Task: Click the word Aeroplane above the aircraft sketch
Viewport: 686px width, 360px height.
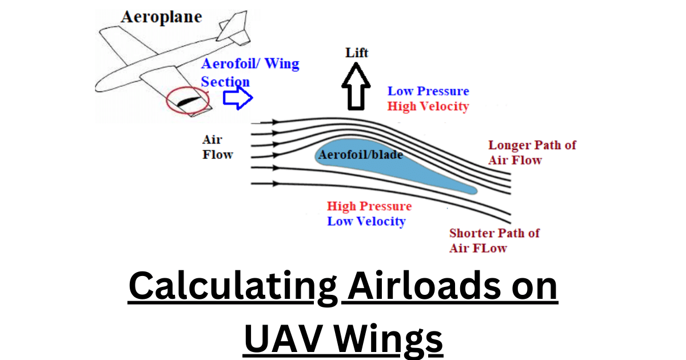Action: point(161,17)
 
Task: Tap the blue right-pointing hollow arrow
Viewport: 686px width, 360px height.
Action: point(237,98)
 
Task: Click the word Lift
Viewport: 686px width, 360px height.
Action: point(357,53)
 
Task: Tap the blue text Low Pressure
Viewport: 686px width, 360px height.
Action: point(428,91)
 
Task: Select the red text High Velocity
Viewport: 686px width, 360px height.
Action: point(428,106)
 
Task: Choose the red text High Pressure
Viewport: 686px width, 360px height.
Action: point(369,206)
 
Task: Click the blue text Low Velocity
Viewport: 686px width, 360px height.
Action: point(366,221)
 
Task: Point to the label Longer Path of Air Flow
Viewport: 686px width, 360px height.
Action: point(532,152)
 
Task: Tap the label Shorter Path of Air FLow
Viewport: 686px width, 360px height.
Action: point(494,240)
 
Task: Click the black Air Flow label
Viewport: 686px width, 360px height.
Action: point(218,147)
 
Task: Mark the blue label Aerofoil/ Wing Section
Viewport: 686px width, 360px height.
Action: point(250,72)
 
